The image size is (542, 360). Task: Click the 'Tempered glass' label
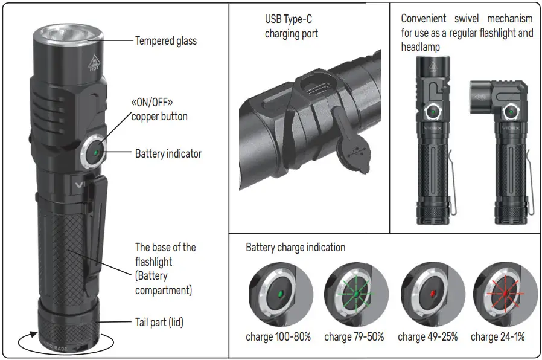(165, 41)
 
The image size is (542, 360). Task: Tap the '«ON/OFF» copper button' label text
(159, 109)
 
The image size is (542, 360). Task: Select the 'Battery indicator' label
(168, 153)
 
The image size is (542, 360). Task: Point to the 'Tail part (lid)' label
(159, 323)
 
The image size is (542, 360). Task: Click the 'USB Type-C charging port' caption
(291, 27)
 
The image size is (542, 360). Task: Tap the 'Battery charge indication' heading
(296, 247)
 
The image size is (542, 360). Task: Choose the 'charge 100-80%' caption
(278, 337)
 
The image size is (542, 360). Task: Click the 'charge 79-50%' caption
(354, 337)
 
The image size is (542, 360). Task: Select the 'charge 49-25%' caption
(427, 337)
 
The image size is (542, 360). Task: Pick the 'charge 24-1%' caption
(497, 337)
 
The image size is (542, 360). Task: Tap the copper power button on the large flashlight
(95, 150)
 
